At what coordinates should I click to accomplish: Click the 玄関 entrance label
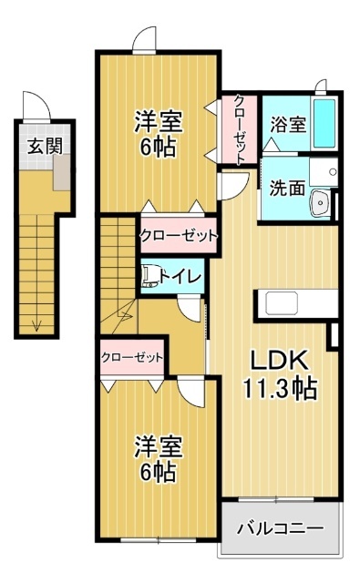pyautogui.click(x=37, y=145)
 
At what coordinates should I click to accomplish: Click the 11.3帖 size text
pyautogui.click(x=279, y=389)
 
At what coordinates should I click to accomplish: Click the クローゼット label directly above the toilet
pyautogui.click(x=179, y=236)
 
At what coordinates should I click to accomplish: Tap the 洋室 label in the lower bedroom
pyautogui.click(x=159, y=447)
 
